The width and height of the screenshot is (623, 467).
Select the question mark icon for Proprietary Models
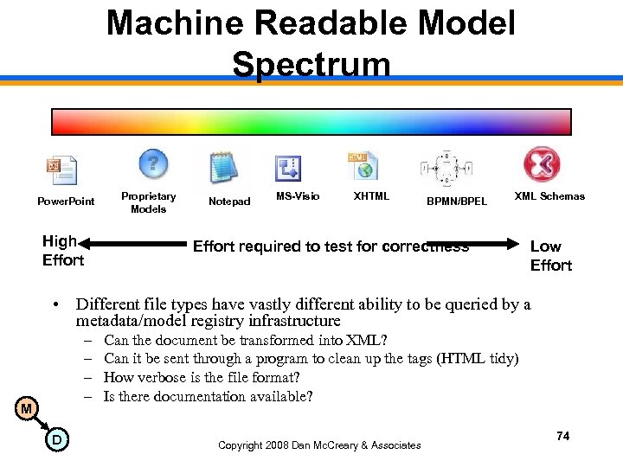point(153,163)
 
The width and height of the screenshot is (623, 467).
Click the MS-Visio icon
point(287,168)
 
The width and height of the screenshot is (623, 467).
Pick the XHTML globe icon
point(361,165)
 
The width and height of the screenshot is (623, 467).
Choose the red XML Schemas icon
point(542,164)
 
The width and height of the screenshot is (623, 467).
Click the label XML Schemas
point(549,196)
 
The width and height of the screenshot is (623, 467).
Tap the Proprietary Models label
point(148,202)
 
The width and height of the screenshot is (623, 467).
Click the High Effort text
point(62,251)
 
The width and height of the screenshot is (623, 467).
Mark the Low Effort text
point(550,256)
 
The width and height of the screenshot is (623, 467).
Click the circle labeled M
point(27,408)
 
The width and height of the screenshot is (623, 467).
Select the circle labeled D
point(55,441)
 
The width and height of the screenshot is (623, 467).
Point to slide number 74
point(562,436)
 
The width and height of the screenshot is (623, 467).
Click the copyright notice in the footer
point(319,445)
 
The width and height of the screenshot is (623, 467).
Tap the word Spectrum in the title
point(311,64)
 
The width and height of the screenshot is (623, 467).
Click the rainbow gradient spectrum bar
point(311,122)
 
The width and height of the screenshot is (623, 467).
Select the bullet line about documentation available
point(208,396)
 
